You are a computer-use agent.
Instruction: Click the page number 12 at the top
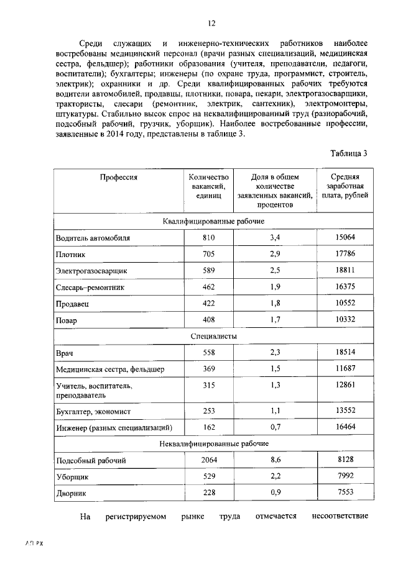[x=211, y=23]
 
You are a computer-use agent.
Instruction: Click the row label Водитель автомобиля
[x=93, y=238]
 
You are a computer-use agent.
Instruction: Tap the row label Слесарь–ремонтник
[x=90, y=288]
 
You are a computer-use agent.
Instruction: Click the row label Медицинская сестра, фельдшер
[x=110, y=369]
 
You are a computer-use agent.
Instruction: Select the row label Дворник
[x=72, y=494]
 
